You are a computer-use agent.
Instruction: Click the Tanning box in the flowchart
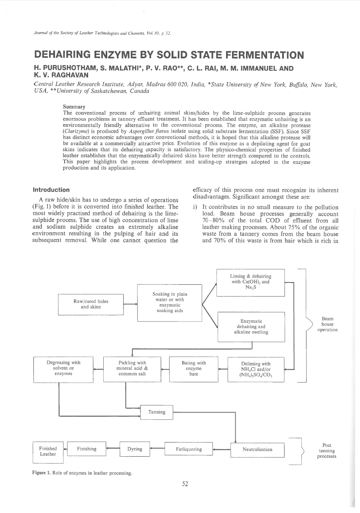(157, 412)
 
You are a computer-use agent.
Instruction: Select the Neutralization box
(257, 450)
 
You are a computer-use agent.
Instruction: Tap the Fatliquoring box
(189, 450)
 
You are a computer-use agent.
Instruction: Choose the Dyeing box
(135, 449)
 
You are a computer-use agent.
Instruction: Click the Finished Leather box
(48, 452)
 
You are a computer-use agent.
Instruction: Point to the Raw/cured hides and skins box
(91, 304)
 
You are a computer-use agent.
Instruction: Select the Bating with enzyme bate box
(194, 369)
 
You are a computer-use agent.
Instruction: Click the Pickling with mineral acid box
(132, 369)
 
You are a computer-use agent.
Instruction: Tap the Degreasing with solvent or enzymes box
(63, 369)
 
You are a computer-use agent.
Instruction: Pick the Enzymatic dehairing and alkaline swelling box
(251, 327)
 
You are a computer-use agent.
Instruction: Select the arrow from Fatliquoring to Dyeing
(157, 449)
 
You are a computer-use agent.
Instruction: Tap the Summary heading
(74, 107)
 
